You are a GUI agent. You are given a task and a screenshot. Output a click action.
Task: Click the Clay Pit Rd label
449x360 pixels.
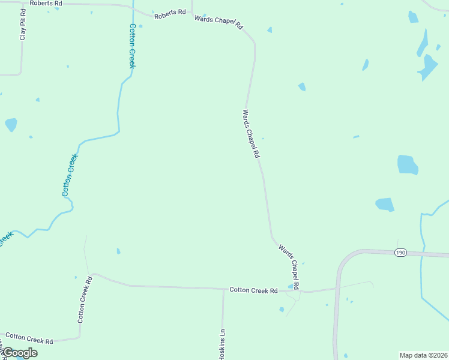pos(23,25)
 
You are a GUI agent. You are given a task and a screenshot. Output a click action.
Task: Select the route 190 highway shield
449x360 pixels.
pos(401,253)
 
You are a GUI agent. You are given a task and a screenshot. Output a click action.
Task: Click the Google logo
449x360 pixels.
pos(19,353)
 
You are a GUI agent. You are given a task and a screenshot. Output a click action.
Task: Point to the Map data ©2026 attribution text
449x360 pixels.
pos(424,355)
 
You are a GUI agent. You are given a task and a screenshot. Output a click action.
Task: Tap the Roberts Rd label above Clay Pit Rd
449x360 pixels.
pos(46,3)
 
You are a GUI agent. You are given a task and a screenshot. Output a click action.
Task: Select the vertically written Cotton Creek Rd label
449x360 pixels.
pos(85,299)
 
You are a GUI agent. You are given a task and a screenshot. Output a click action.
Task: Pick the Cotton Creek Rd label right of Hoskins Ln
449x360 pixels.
pos(253,290)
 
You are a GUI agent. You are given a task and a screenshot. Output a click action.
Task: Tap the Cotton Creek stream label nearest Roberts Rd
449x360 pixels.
pos(132,46)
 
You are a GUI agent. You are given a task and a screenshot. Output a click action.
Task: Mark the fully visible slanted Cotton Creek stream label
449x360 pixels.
pos(70,175)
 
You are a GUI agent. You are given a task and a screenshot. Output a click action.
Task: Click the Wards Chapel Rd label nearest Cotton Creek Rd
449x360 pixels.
pos(289,265)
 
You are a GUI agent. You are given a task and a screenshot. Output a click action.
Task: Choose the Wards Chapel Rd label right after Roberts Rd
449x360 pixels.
pos(218,23)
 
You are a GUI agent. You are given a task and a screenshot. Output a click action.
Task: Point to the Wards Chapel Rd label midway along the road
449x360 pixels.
pos(251,133)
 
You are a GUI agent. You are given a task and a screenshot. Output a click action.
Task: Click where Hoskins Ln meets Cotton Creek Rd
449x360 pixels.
pos(223,289)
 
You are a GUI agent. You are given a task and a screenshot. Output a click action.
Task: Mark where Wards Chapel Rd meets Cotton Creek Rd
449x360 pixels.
pos(300,291)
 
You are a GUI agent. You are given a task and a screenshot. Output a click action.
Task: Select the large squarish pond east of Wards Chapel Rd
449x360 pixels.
pos(408,165)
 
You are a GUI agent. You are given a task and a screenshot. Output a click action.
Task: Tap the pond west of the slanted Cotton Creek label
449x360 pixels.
pos(11,124)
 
